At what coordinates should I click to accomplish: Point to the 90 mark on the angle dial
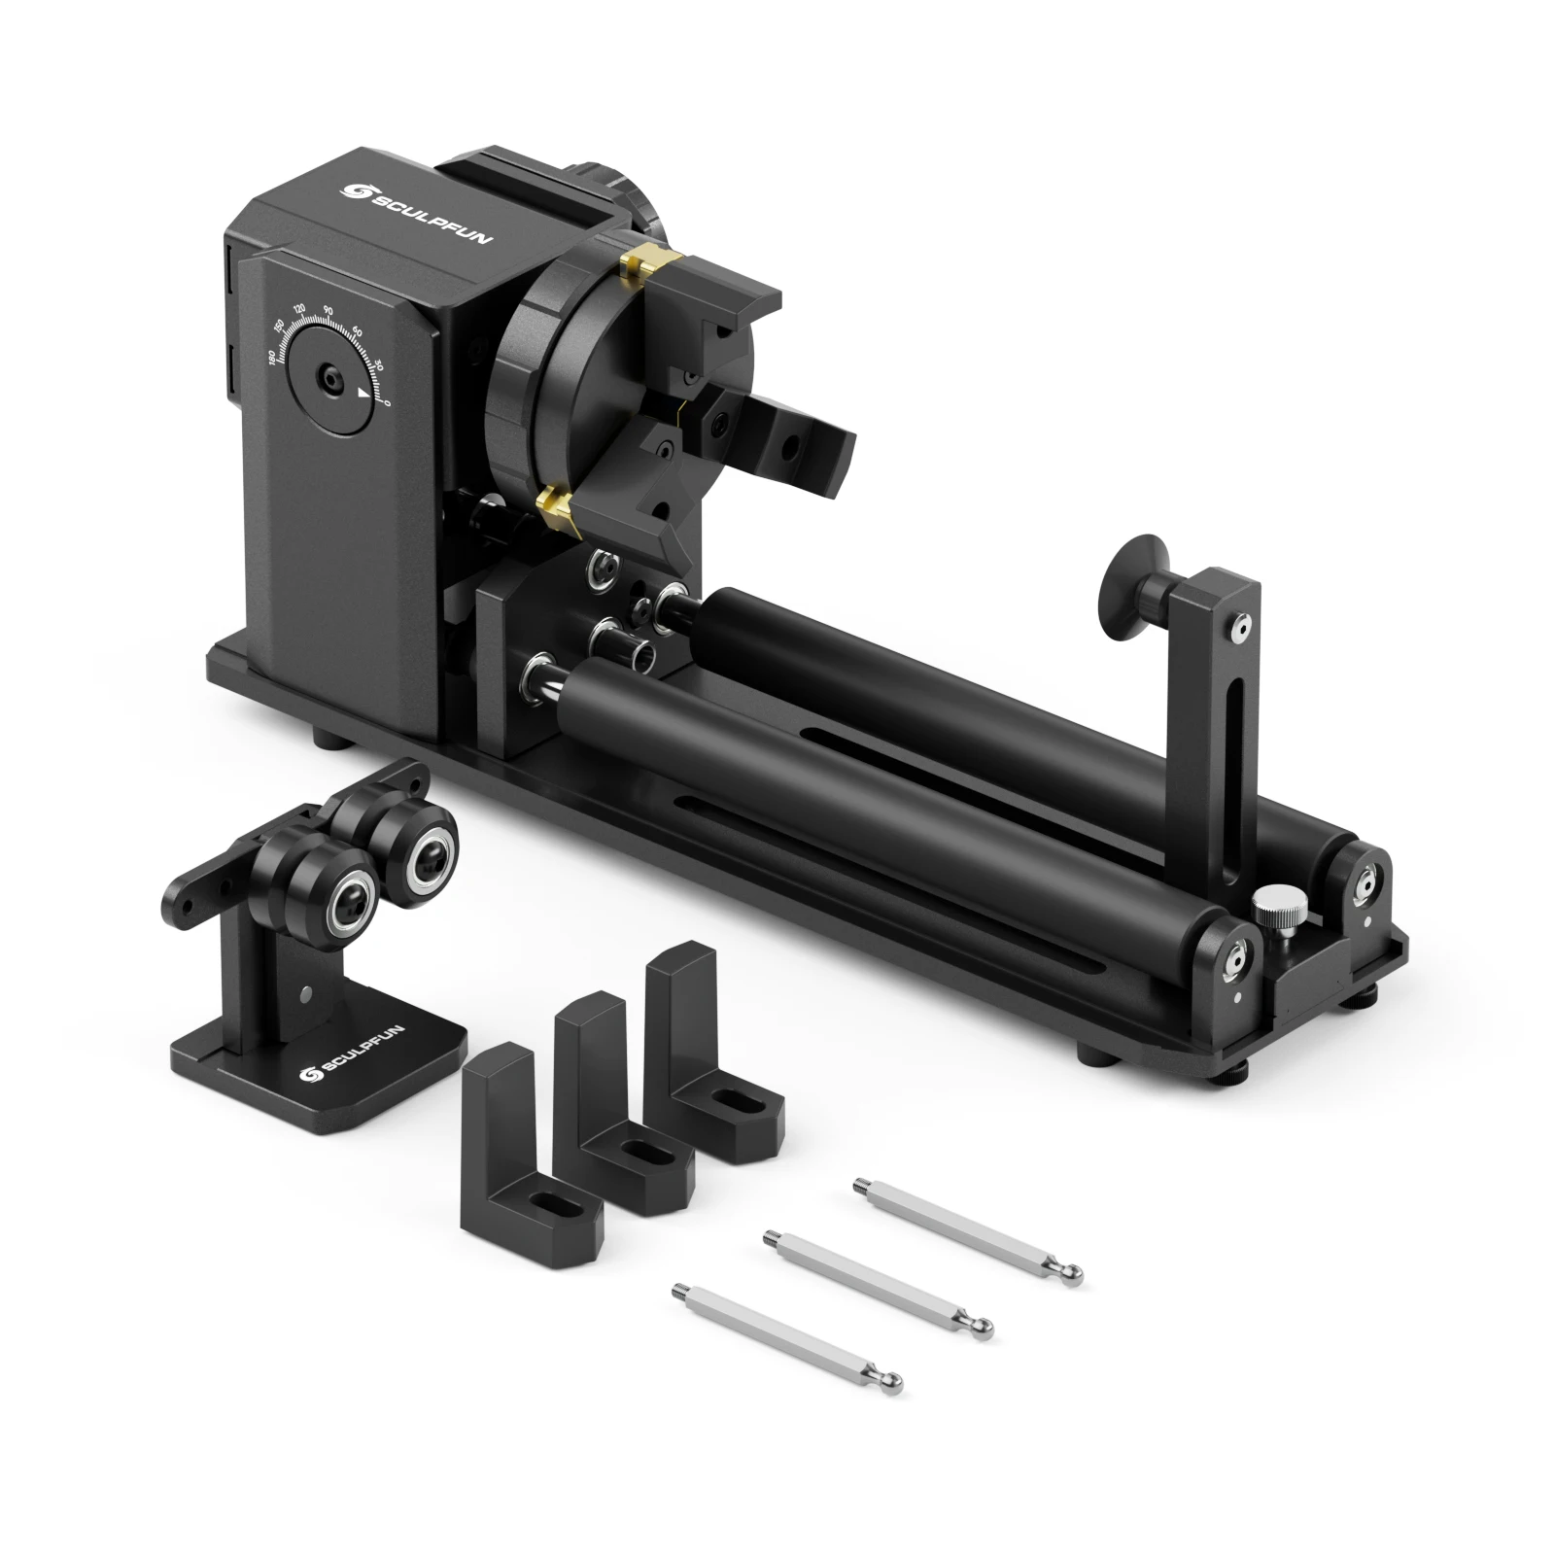(x=328, y=310)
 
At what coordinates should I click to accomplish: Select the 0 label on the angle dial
(x=388, y=401)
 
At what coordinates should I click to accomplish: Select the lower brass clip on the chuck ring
(x=557, y=504)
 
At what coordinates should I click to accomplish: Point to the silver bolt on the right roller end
(x=1368, y=880)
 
